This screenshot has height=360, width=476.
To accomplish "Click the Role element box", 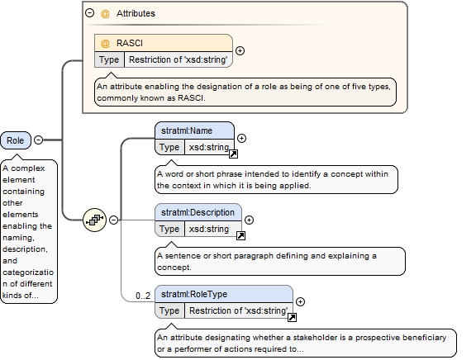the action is (16, 140).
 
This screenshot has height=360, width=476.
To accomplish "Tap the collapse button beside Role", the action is (39, 140).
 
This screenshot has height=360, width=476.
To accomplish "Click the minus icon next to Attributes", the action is (89, 12).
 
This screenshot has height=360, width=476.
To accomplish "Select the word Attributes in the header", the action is (136, 13).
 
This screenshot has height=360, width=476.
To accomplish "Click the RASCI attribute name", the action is (130, 43).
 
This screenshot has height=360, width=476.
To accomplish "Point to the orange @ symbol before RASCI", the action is (105, 44).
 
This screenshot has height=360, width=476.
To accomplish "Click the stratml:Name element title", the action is (187, 130).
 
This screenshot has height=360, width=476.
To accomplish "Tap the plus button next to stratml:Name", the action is (241, 138).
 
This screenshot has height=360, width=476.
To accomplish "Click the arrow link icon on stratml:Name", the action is (233, 154).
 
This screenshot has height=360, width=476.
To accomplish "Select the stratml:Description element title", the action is (198, 212).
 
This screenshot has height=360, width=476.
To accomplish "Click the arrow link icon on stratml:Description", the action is (240, 235).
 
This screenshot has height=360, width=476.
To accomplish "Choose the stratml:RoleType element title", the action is (194, 294).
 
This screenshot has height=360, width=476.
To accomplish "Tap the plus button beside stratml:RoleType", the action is (300, 301).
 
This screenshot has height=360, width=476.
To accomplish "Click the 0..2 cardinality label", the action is (143, 296).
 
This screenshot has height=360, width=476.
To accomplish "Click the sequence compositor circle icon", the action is (95, 220).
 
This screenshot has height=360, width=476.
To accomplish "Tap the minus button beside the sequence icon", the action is (113, 220).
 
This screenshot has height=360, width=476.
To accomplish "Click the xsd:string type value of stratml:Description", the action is (209, 229).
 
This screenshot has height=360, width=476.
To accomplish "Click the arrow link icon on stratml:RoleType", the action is (292, 318).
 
